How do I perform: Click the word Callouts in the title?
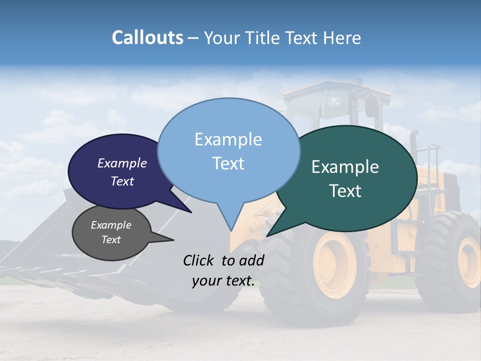147,38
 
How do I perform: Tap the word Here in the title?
342,38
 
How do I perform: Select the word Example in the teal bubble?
345,167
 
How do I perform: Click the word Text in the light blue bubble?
228,163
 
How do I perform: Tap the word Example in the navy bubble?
122,163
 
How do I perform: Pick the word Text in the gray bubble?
111,240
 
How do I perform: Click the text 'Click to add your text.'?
223,271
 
